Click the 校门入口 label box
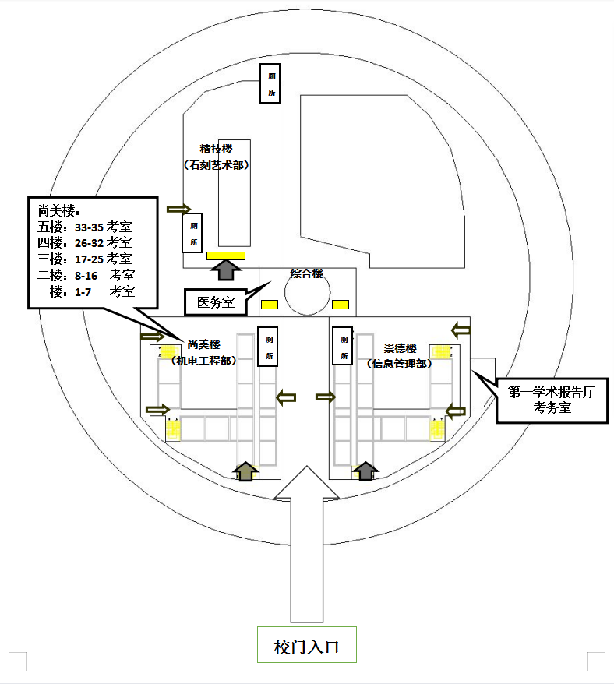pyautogui.click(x=306, y=645)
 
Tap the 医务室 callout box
pyautogui.click(x=215, y=302)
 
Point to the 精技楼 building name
pyautogui.click(x=216, y=149)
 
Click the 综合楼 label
pyautogui.click(x=306, y=274)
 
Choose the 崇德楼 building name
pyautogui.click(x=401, y=348)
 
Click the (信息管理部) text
pyautogui.click(x=398, y=363)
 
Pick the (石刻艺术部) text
pyautogui.click(x=216, y=165)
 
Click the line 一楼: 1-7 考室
pyautogui.click(x=86, y=291)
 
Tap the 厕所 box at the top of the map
pyautogui.click(x=271, y=83)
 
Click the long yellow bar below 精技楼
pyautogui.click(x=226, y=255)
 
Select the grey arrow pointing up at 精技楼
pyautogui.click(x=226, y=270)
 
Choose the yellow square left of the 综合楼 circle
pyautogui.click(x=269, y=304)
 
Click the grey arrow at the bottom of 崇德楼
pyautogui.click(x=365, y=471)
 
